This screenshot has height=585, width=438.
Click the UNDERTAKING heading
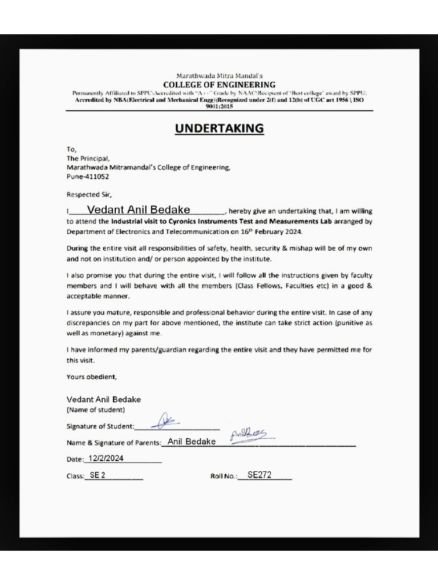(219, 129)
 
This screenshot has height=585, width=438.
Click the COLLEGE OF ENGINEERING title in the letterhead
(219, 85)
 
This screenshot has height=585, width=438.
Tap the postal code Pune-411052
(88, 177)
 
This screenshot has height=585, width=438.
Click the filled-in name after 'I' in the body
(139, 210)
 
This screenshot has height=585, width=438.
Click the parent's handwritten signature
(248, 436)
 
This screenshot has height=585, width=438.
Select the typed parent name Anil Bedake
(191, 442)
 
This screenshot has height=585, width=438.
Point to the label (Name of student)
(96, 410)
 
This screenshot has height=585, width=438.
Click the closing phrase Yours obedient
(92, 377)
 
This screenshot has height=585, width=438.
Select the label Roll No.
(224, 476)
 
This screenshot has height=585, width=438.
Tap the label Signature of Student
(100, 426)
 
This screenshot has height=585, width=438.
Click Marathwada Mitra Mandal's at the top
(219, 75)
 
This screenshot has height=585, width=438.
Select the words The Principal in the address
(88, 158)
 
